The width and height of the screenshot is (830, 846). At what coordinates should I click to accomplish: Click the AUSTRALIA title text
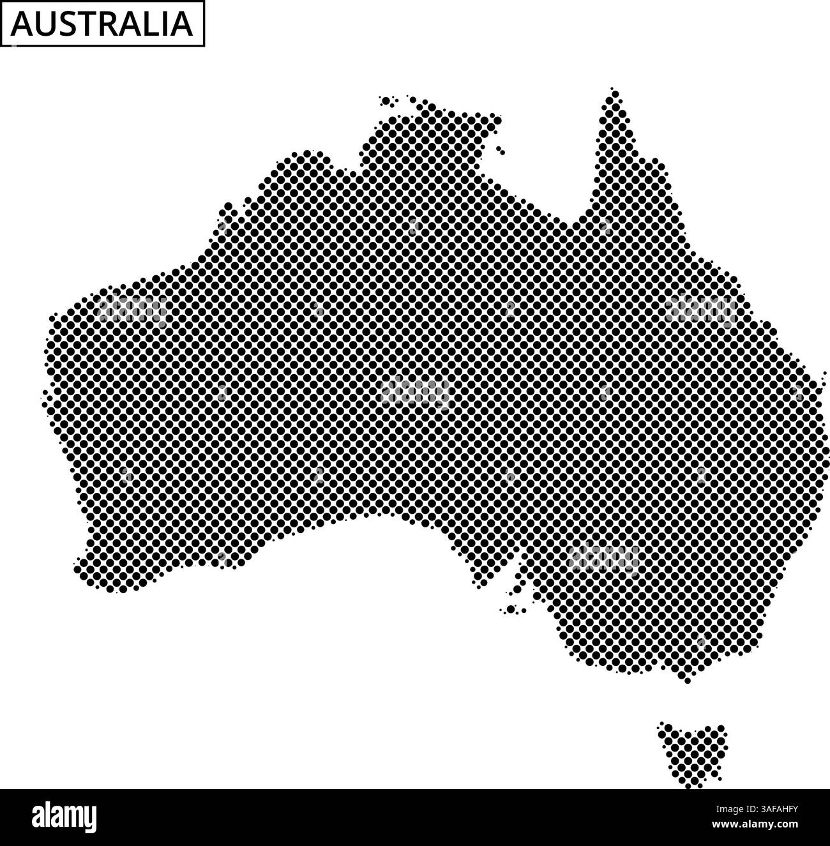102,24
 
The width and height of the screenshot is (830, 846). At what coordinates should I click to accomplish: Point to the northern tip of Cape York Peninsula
614,93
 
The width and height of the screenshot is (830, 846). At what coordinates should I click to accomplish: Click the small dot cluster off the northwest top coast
387,100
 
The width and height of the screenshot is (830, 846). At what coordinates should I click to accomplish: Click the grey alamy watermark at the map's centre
415,391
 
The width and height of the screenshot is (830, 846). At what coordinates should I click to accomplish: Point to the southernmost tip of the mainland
687,681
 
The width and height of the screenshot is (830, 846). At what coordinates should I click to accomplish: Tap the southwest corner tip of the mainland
79,568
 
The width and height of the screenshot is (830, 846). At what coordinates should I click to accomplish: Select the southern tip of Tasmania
689,785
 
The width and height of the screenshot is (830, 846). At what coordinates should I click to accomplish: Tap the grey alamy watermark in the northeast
700,310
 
